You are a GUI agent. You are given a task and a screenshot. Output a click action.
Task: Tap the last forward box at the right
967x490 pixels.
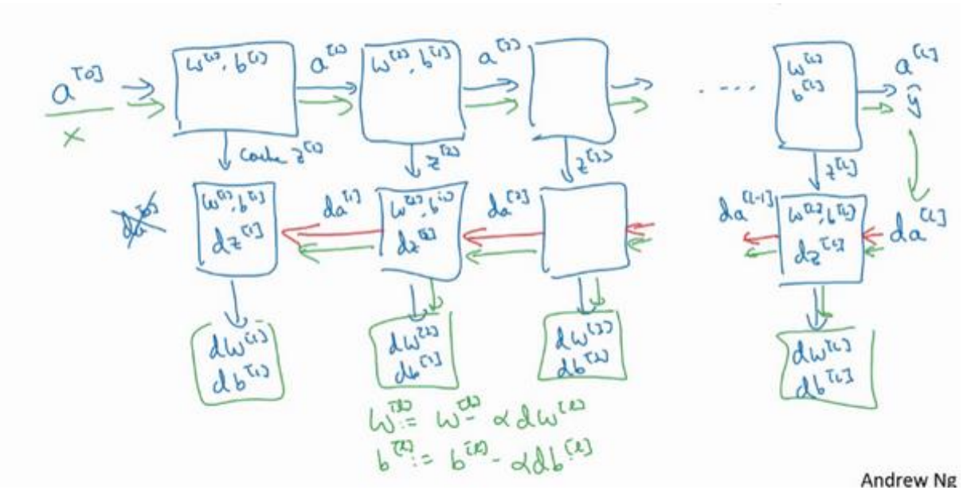(x=812, y=88)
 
